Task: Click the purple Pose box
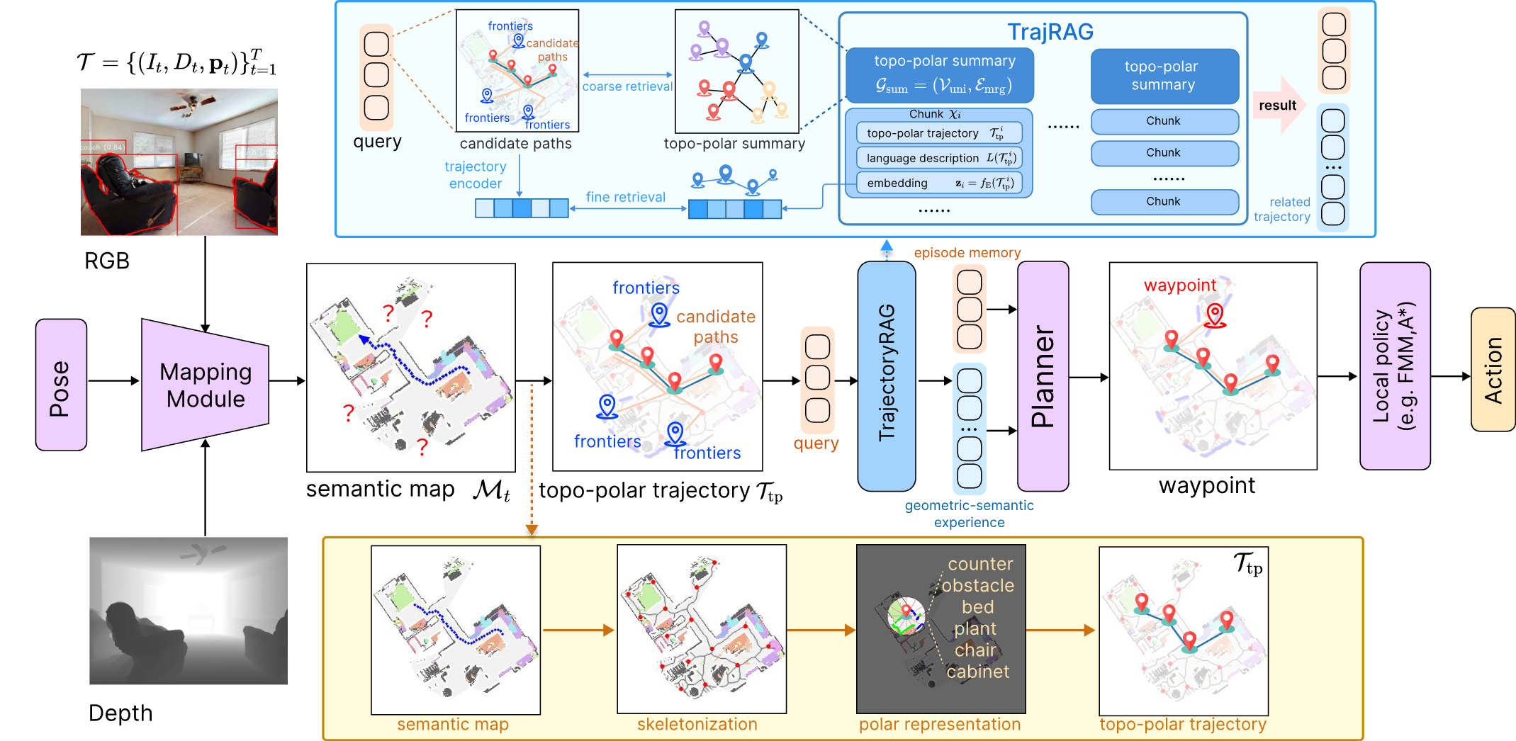tap(61, 385)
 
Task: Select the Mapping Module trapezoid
tap(205, 385)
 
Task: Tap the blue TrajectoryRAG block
tap(886, 375)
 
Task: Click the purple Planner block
tap(1043, 375)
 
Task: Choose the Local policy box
tap(1394, 366)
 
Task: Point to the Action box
tap(1493, 369)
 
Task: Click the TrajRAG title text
tap(1050, 32)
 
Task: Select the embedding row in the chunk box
tap(939, 183)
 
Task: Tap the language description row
tap(939, 158)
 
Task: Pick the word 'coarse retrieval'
tap(627, 86)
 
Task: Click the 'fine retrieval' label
tap(625, 197)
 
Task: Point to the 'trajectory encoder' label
tap(475, 175)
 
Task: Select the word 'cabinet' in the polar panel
tap(977, 672)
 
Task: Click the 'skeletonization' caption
tap(697, 724)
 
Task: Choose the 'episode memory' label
tap(967, 253)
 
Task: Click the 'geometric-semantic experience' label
tap(969, 514)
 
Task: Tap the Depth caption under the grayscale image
tap(120, 713)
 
